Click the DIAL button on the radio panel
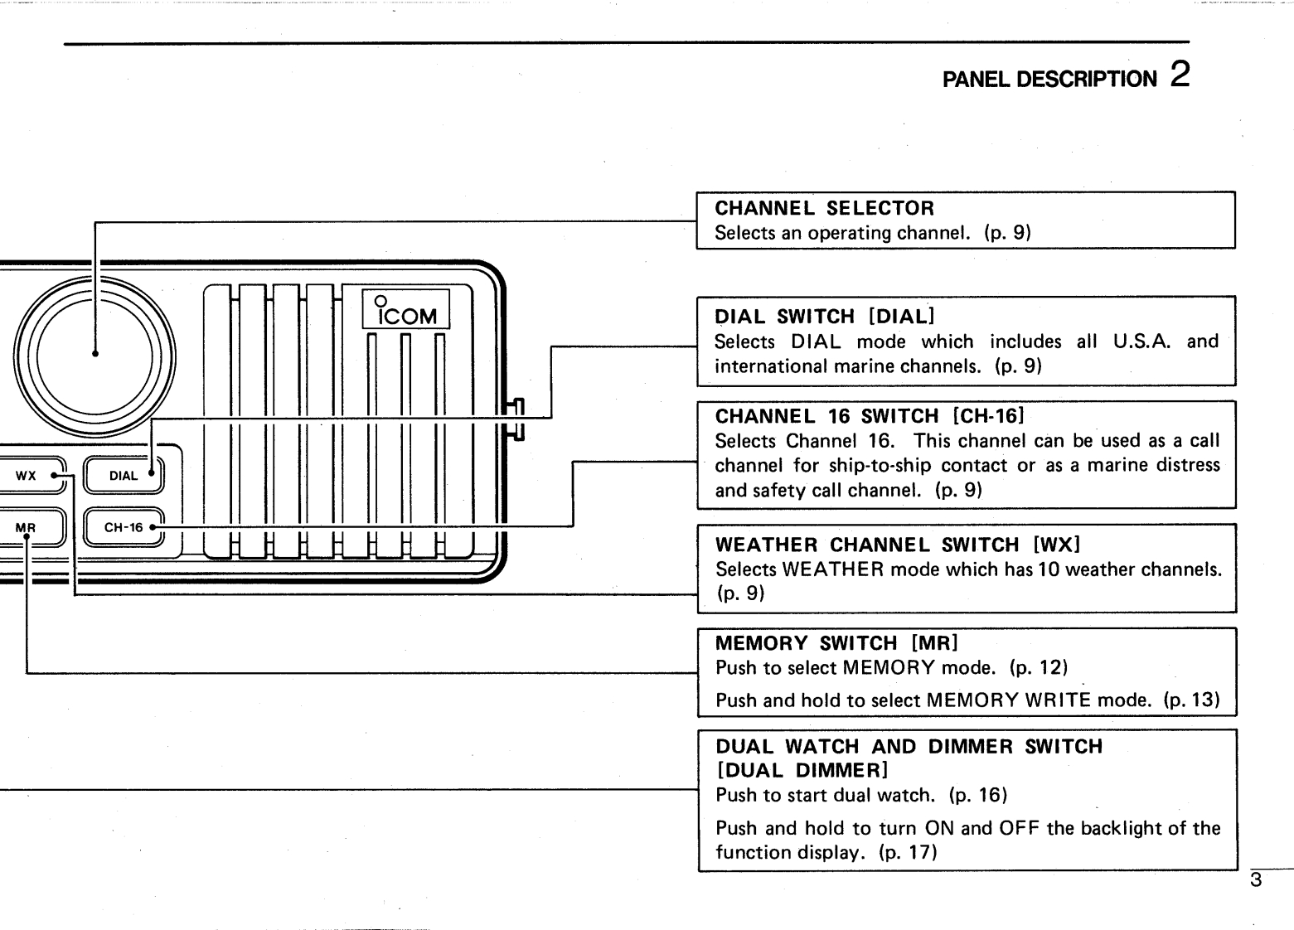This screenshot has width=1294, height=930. pos(124,476)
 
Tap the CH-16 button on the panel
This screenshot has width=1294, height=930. pos(124,527)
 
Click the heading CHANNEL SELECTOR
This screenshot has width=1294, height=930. pos(824,208)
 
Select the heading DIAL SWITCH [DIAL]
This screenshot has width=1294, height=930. pos(824,317)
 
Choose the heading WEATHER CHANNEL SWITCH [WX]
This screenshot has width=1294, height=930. pos(898,545)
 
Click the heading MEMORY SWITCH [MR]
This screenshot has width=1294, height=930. pos(836,643)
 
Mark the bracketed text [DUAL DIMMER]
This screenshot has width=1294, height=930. pos(802,770)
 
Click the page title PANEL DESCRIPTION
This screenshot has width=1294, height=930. pos(1049,80)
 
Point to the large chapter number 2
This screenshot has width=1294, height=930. pos(1180,75)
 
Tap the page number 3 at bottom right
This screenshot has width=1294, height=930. pos(1256,880)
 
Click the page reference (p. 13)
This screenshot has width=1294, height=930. pos(1191,700)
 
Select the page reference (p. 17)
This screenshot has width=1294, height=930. pos(908,852)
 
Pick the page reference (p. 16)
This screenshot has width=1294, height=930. pos(978,795)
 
